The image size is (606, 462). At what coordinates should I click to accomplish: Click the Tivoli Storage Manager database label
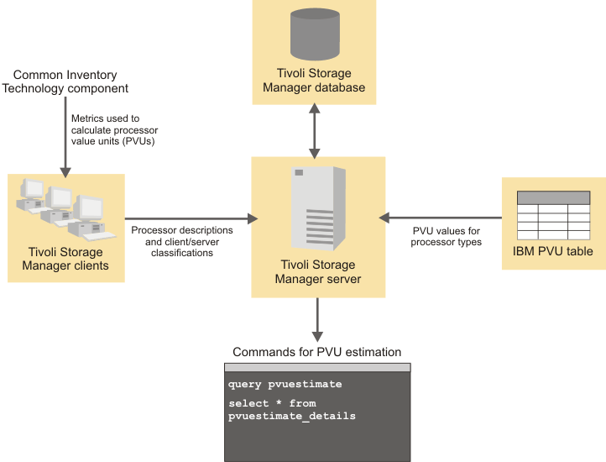click(314, 81)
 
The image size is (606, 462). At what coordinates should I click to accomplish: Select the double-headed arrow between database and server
click(315, 131)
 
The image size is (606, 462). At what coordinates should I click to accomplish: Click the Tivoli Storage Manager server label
click(317, 271)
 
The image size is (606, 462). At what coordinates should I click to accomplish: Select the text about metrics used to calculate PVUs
click(114, 130)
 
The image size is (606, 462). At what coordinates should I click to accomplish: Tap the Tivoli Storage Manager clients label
click(65, 259)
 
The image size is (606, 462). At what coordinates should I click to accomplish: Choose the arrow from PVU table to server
click(440, 218)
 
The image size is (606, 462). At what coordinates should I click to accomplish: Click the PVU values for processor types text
click(446, 236)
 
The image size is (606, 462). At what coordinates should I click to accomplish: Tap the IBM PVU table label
click(553, 251)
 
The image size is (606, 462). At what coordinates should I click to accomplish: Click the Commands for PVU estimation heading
click(316, 352)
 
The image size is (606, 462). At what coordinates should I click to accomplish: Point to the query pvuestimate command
click(285, 384)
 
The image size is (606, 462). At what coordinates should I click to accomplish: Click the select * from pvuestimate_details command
click(291, 410)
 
